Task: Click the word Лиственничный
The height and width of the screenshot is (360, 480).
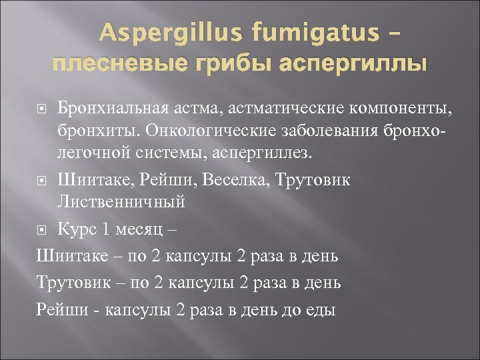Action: [x=121, y=201]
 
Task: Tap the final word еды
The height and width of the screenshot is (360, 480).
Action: [x=319, y=309]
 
